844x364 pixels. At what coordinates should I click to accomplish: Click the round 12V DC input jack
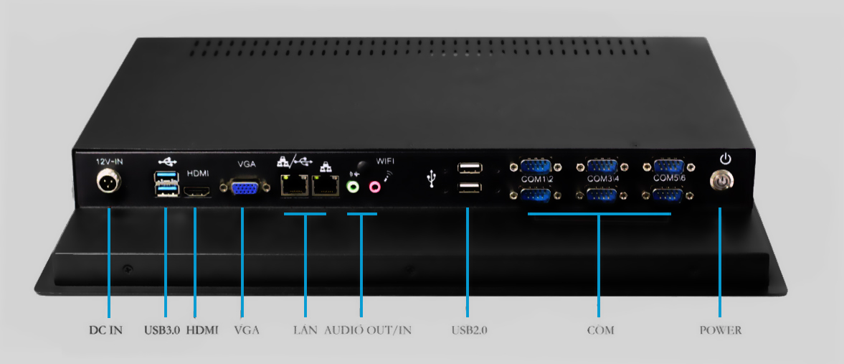[x=109, y=184]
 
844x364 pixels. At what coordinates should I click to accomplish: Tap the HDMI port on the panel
[x=196, y=192]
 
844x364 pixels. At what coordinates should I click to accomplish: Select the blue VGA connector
[x=242, y=188]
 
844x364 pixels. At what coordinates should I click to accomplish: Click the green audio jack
[x=352, y=187]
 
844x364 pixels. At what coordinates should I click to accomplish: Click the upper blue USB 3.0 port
[x=166, y=177]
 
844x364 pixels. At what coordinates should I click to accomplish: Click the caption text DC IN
[x=105, y=330]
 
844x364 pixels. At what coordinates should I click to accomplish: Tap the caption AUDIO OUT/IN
[x=368, y=330]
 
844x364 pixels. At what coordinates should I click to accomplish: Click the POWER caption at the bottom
[x=720, y=330]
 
